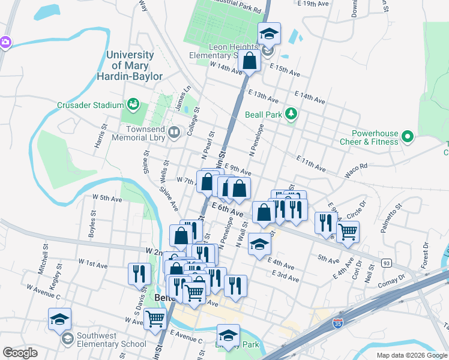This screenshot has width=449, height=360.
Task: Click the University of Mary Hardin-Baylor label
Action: click(x=130, y=65)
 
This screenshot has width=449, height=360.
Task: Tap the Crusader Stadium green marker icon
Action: click(x=133, y=105)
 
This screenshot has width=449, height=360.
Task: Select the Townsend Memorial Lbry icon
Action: click(x=174, y=132)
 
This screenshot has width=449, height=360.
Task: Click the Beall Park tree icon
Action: click(x=291, y=113)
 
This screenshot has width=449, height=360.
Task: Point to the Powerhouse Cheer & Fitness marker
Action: click(x=408, y=137)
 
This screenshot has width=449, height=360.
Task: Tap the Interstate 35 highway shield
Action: click(x=338, y=325)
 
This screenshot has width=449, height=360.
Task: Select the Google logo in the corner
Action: click(x=20, y=352)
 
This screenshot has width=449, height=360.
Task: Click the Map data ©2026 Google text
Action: click(x=411, y=355)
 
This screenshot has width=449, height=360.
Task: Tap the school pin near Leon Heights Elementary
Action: click(x=270, y=34)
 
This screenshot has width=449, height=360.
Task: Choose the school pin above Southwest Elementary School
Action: click(x=59, y=319)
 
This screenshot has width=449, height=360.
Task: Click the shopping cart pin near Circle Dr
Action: click(x=348, y=231)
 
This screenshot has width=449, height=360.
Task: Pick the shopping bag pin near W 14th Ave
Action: click(x=249, y=61)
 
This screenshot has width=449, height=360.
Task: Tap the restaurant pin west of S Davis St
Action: click(x=139, y=273)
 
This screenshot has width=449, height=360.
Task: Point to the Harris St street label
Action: click(x=99, y=137)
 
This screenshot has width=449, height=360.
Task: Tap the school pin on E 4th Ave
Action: click(x=259, y=244)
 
